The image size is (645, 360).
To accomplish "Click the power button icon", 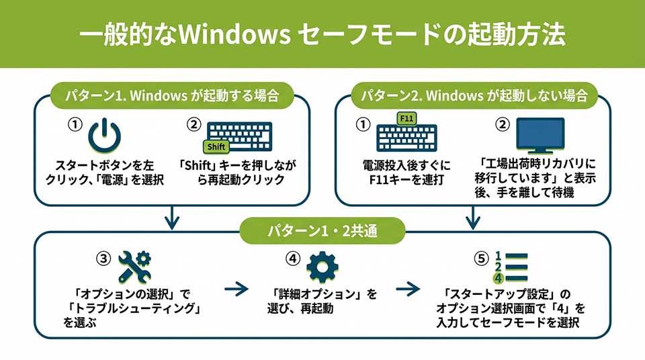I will coord(105,135).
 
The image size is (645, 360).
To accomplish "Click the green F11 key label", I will coord(406,119).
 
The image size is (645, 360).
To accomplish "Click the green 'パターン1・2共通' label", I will coord(322,232).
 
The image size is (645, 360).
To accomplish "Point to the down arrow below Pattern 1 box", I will coord(173,217).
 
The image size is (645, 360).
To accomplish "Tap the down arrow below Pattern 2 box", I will coord(473,217).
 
